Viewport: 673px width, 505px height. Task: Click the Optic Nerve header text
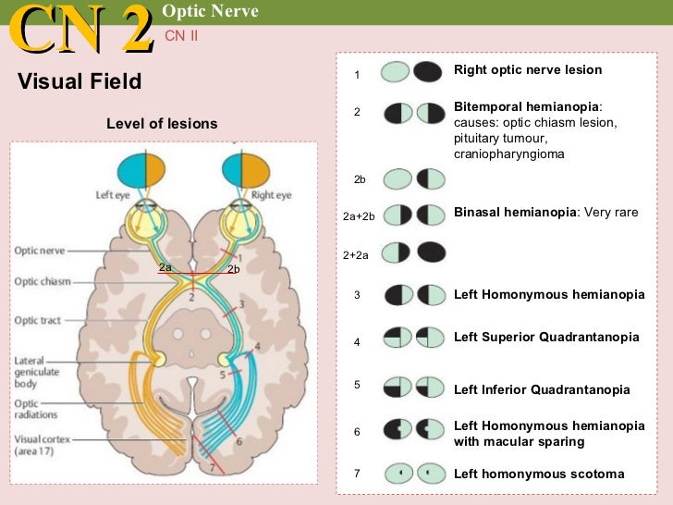pyautogui.click(x=211, y=11)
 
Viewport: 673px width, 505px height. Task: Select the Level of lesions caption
pyautogui.click(x=162, y=124)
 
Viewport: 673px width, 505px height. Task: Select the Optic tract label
pyautogui.click(x=38, y=320)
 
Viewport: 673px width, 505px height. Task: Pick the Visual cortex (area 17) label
pyautogui.click(x=43, y=446)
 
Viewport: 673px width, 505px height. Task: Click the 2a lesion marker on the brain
pyautogui.click(x=165, y=266)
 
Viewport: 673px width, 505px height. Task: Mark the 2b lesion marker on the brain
pyautogui.click(x=233, y=269)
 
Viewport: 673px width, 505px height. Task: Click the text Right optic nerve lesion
pyautogui.click(x=528, y=70)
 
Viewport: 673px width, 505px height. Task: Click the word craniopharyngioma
pyautogui.click(x=508, y=154)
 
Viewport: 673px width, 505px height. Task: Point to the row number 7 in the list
pyautogui.click(x=357, y=474)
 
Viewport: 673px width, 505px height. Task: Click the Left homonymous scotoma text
pyautogui.click(x=539, y=474)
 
